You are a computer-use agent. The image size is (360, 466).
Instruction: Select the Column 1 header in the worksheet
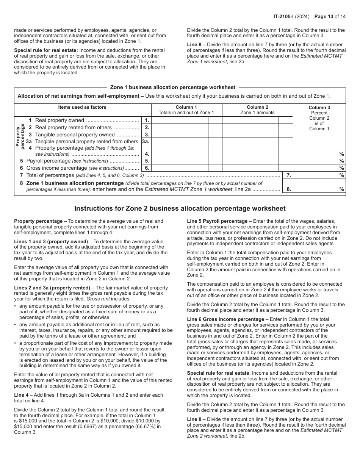pos(186,110)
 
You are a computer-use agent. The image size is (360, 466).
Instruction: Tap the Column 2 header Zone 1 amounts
pos(257,110)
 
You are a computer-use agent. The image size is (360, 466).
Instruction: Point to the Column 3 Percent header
pos(319,118)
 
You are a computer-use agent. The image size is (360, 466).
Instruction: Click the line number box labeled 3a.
pos(146,141)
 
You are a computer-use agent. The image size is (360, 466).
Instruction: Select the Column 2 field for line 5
pos(250,161)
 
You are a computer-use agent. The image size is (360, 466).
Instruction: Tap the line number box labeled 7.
pos(288,175)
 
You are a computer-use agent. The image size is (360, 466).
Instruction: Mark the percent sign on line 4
pos(341,154)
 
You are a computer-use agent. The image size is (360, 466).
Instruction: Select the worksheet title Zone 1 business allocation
pos(172,87)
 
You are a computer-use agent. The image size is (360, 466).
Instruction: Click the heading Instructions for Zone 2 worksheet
pos(180,208)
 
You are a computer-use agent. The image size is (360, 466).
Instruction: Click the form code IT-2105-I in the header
pos(287,16)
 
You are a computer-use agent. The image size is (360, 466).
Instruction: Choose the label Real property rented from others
pos(74,127)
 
